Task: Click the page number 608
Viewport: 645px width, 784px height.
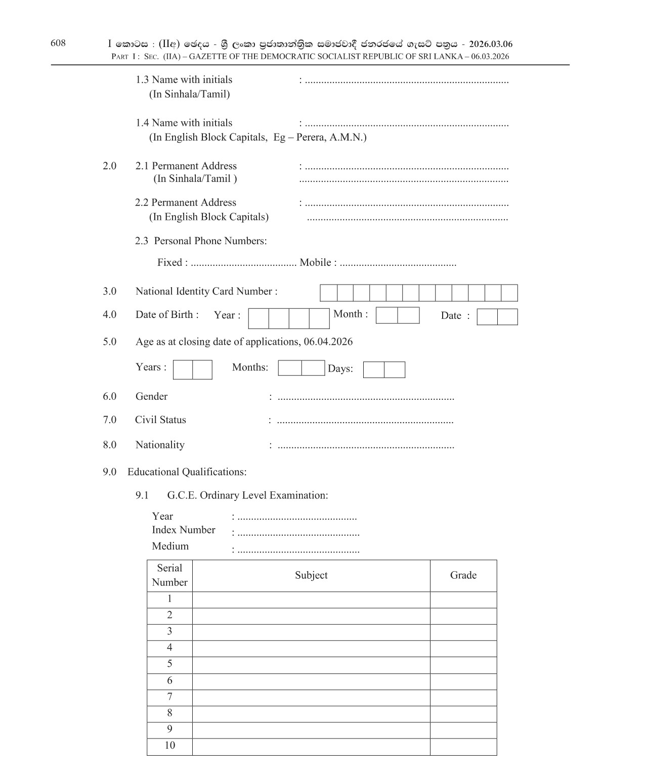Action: coord(58,43)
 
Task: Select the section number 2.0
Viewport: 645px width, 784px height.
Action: coord(109,166)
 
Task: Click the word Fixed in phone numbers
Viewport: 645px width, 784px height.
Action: coord(169,263)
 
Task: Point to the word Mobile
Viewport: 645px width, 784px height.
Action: coord(315,263)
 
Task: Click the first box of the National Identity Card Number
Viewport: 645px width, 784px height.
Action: coord(328,293)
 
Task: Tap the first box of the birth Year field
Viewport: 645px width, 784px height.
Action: coord(259,318)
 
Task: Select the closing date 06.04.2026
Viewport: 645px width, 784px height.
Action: coord(328,342)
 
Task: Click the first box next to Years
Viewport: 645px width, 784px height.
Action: coord(183,370)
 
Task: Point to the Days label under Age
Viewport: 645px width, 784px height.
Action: coord(340,369)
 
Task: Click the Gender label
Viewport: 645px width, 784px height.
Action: coord(151,397)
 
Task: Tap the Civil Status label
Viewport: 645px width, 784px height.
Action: coord(160,420)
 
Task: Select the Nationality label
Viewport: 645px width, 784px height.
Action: coord(160,445)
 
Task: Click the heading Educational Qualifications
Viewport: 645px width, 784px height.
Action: coord(187,472)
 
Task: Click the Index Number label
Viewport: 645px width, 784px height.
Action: coord(183,530)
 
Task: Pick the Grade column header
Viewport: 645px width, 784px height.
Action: coord(463,575)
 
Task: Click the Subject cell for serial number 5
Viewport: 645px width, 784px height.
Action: coord(311,665)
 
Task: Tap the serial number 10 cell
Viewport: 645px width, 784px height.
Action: coord(169,746)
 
